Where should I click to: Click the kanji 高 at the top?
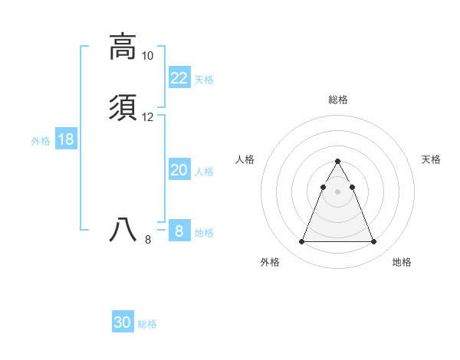click(x=123, y=46)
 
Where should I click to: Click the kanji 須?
click(x=123, y=108)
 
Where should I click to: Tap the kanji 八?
click(x=123, y=230)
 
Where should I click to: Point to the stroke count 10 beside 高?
click(x=147, y=56)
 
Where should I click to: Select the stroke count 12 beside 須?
click(x=147, y=117)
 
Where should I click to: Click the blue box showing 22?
click(x=179, y=78)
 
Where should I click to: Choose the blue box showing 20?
click(x=179, y=170)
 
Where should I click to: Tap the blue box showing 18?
click(x=66, y=139)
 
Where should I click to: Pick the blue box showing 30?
click(x=123, y=322)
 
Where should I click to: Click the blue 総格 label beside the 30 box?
click(x=147, y=324)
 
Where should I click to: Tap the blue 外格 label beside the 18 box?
click(x=41, y=141)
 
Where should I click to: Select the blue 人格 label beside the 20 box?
click(x=205, y=172)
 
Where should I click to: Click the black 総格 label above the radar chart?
click(x=337, y=100)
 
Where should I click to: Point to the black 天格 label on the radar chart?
click(x=431, y=159)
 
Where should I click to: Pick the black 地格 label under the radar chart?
click(x=402, y=262)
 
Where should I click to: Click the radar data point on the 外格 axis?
click(x=301, y=242)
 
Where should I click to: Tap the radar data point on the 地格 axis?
click(x=373, y=242)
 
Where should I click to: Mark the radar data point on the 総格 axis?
click(x=337, y=162)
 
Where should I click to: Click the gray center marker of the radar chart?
click(x=337, y=190)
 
